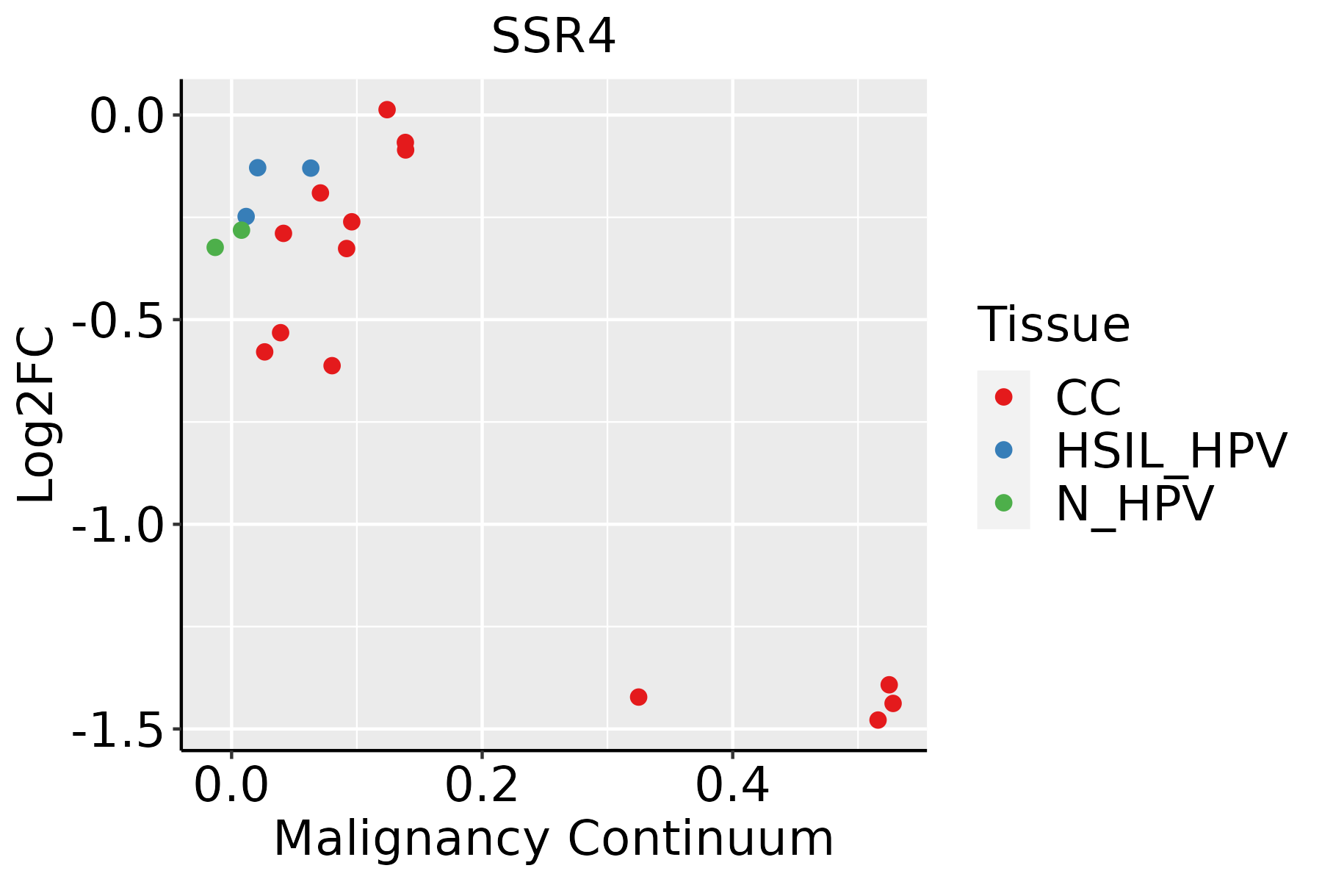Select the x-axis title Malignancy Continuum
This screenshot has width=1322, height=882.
[553, 839]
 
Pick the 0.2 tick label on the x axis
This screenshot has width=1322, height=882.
[482, 785]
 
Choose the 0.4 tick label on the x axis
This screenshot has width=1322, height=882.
[732, 785]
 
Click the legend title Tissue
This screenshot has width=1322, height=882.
[1053, 325]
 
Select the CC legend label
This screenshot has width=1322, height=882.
[1088, 398]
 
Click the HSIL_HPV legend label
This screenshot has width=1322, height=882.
[1171, 451]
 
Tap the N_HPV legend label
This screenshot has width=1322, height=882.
[1134, 503]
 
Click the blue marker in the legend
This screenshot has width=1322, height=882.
[1003, 450]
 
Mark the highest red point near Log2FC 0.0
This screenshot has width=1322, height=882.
[387, 110]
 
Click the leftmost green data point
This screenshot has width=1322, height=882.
[215, 247]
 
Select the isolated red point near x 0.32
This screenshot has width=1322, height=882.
[638, 697]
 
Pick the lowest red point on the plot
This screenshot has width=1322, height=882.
[878, 720]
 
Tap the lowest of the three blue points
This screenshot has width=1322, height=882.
[246, 216]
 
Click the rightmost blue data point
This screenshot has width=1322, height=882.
[311, 168]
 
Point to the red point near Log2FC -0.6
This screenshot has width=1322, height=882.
[332, 365]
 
